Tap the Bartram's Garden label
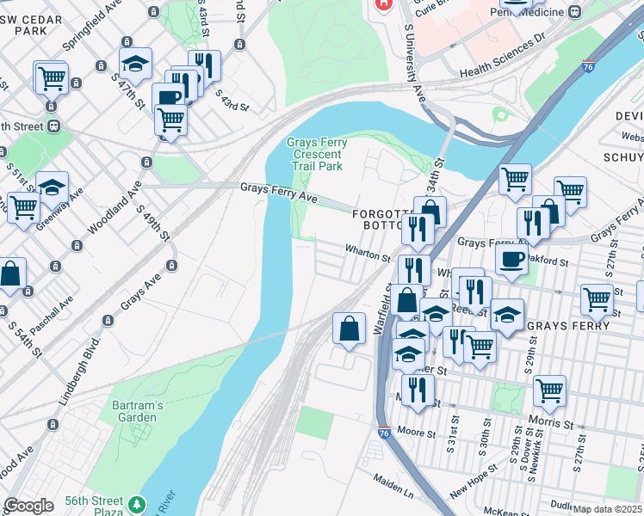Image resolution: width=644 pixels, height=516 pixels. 133,411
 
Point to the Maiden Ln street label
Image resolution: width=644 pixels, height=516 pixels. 393,488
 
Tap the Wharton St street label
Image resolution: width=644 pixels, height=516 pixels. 368,255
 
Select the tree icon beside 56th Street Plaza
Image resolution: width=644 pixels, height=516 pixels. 137,503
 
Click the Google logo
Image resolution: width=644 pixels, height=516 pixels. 29,505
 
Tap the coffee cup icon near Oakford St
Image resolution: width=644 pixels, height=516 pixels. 511,259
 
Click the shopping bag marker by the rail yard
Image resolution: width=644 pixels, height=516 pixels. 349,329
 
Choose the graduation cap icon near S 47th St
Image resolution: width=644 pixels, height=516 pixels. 134,63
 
